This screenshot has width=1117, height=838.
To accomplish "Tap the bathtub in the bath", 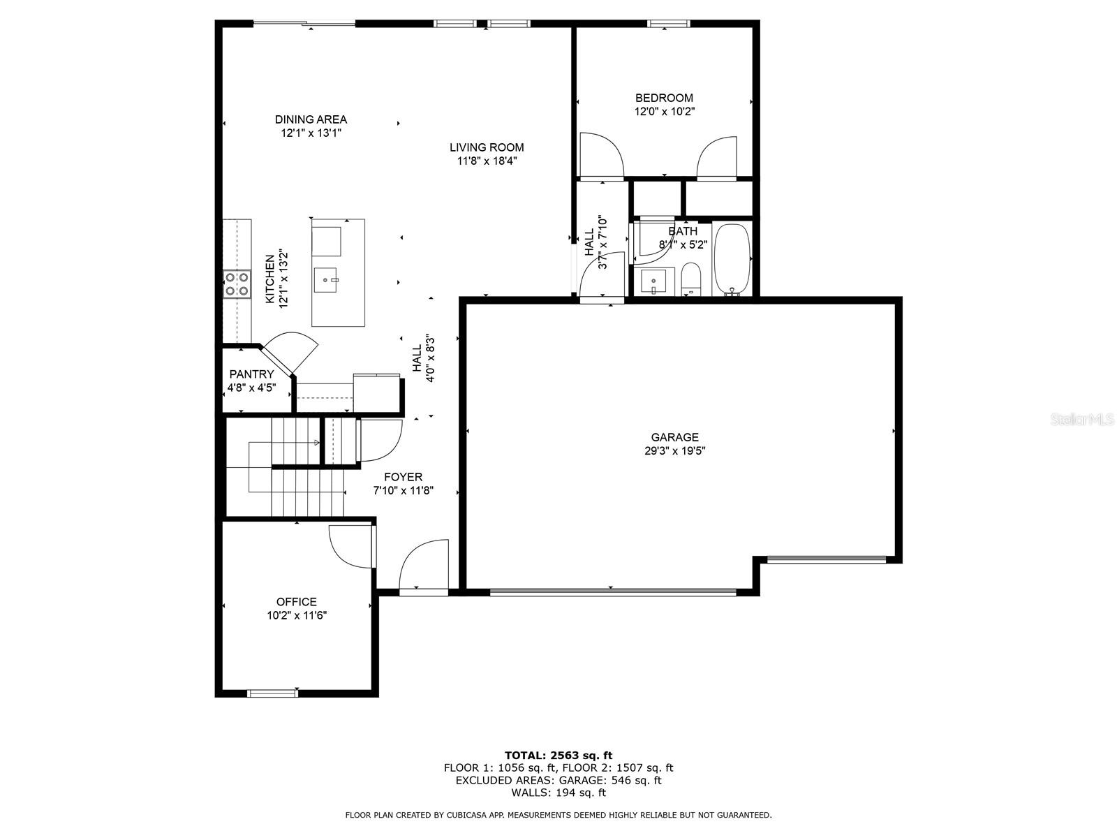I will coord(732,259).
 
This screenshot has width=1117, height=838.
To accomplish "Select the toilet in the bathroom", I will coord(690,279).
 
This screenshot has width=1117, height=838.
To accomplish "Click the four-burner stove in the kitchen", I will coord(237,284).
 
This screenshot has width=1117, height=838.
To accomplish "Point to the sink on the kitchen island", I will coord(326,281).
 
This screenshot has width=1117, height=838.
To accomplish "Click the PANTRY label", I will coord(251,374).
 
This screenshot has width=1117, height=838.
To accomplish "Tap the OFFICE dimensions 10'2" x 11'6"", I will coord(297,616).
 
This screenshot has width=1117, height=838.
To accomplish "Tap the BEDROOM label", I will coord(664,98).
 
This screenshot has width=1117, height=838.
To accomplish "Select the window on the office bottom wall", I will coord(273,693).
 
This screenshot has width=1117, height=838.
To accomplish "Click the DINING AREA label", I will coord(311,119).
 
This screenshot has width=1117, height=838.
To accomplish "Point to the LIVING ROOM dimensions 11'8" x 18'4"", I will coord(487,161).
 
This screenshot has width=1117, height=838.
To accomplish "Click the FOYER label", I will coord(403,477).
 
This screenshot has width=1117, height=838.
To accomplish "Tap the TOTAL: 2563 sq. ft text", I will coord(558,755).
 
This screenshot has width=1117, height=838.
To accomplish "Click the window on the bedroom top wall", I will coord(668,24).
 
